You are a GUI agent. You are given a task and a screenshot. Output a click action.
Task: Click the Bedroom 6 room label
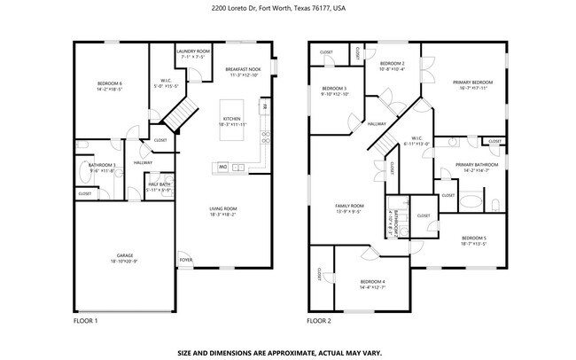(109, 83)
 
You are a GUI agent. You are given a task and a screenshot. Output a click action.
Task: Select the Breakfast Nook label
(242, 69)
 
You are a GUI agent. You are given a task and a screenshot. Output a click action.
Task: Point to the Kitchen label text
(231, 119)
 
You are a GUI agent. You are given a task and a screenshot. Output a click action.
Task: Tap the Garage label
(125, 255)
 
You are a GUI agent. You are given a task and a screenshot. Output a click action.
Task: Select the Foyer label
(186, 260)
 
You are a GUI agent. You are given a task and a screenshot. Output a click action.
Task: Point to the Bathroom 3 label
(102, 165)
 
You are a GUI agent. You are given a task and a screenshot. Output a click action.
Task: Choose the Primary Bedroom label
(472, 82)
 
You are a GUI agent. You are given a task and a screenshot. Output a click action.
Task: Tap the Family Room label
(346, 206)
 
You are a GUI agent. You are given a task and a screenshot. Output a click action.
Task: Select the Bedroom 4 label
(372, 281)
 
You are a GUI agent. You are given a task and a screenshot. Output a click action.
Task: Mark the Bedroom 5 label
(474, 239)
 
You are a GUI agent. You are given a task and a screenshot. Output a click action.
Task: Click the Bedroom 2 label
(392, 64)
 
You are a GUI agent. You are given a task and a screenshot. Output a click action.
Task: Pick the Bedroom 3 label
(334, 89)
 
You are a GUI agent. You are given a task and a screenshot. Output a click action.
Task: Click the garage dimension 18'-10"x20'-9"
(125, 262)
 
